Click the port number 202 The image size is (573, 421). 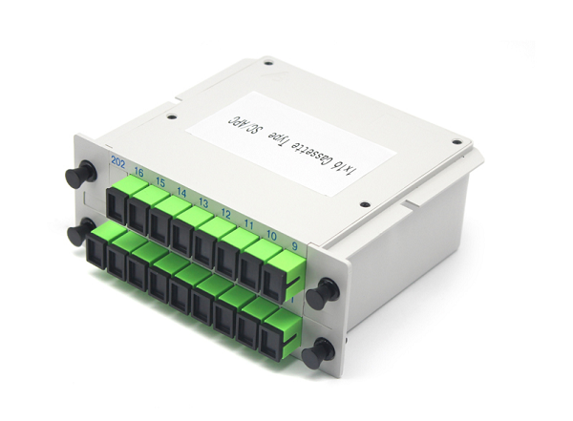coord(118,163)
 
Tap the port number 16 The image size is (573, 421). coord(139,173)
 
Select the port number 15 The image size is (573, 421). coord(161,181)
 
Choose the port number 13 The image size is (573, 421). coord(203,202)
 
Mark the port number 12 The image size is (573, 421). coord(226,212)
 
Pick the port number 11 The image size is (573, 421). coord(249,222)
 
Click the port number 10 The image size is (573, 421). coord(272,234)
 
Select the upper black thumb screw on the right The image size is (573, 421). coord(325,291)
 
